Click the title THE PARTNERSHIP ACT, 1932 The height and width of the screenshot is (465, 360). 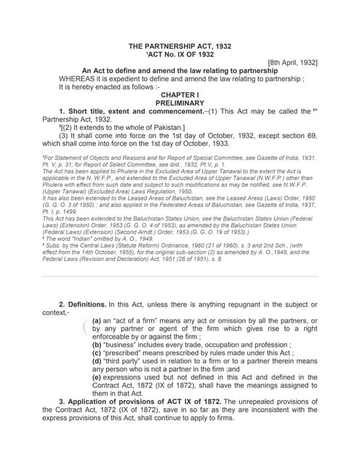(x=180, y=46)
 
